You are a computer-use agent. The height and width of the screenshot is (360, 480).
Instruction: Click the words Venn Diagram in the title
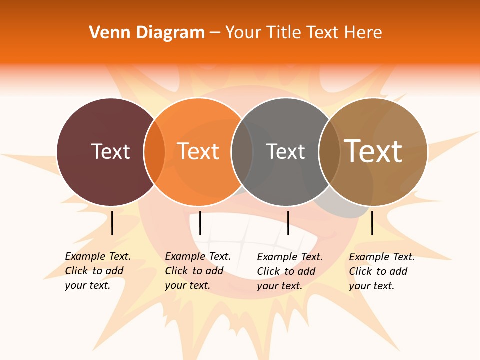click(x=147, y=33)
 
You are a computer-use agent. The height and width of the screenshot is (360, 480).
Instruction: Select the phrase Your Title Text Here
click(x=303, y=33)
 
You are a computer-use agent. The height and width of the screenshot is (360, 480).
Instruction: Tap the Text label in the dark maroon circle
click(x=110, y=151)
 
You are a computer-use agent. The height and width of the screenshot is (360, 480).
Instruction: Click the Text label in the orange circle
click(x=198, y=151)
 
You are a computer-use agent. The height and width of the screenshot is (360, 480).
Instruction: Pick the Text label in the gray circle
click(x=285, y=151)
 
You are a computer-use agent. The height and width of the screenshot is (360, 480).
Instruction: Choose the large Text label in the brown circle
click(x=373, y=151)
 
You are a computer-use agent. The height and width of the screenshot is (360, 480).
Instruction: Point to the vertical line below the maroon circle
click(x=112, y=223)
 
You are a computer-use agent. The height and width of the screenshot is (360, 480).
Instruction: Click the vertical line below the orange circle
click(x=200, y=223)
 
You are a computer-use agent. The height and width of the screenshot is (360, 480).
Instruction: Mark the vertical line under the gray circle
click(x=288, y=223)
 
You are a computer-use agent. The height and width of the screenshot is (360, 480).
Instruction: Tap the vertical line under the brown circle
click(x=372, y=223)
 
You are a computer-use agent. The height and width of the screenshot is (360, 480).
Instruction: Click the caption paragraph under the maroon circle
click(x=98, y=271)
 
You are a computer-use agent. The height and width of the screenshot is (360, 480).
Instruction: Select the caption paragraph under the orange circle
click(x=198, y=271)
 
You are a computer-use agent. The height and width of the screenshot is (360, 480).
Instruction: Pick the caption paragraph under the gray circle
click(x=290, y=271)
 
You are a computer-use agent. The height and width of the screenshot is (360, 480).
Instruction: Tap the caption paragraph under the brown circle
click(x=382, y=271)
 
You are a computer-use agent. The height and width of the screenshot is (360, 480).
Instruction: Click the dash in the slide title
click(x=215, y=33)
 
